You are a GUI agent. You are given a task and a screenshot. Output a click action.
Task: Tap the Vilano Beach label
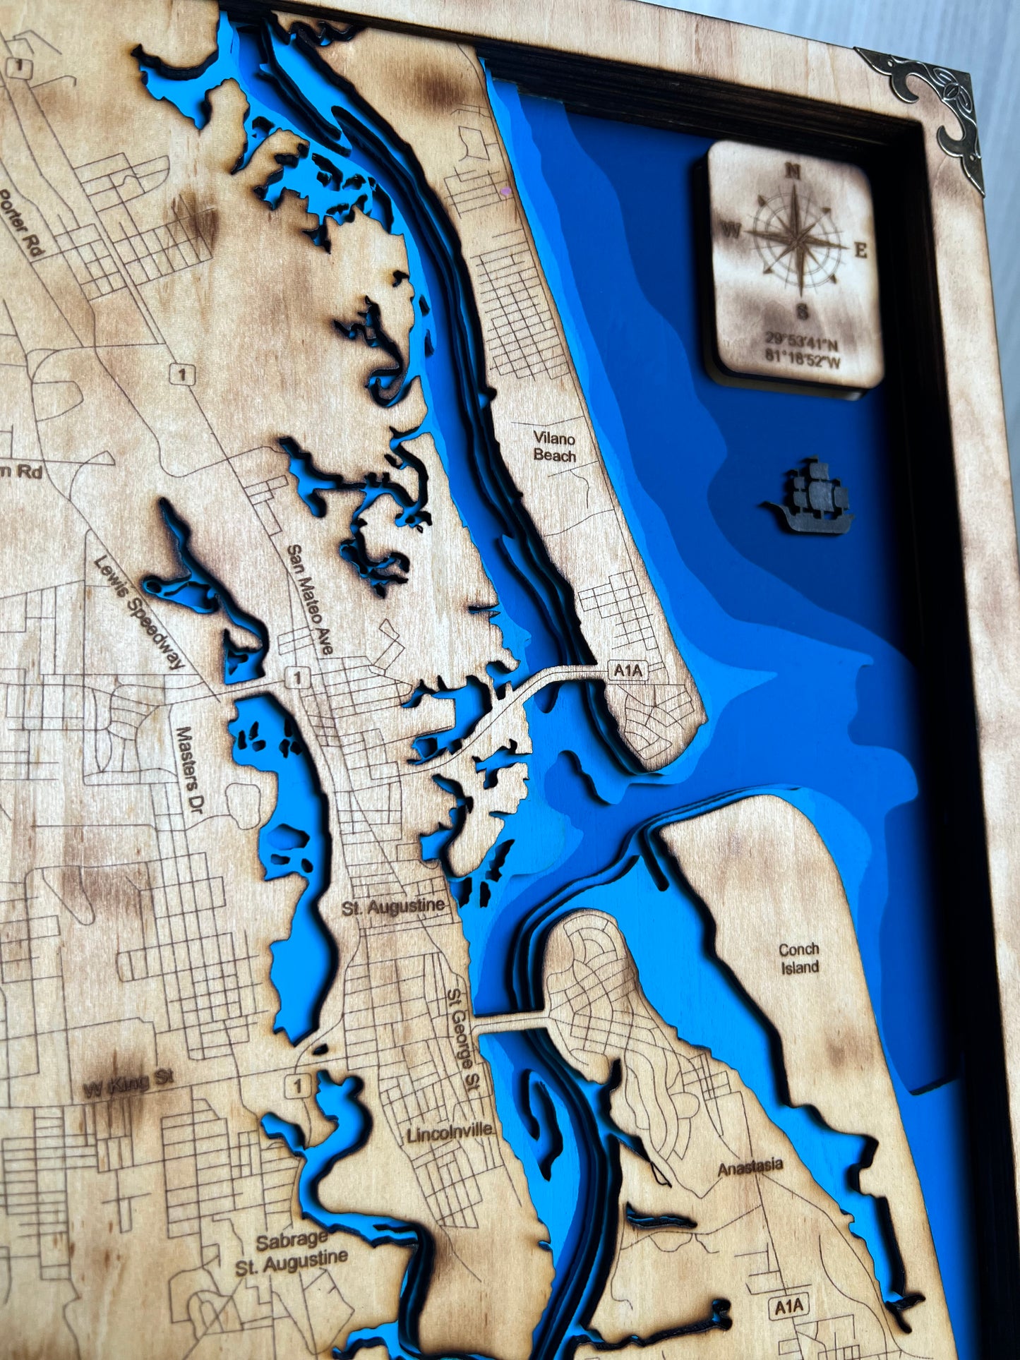[x=555, y=447]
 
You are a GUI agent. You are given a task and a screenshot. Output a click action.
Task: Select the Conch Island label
[x=799, y=958]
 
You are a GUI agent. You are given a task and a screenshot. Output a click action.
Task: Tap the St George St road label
[x=463, y=1036]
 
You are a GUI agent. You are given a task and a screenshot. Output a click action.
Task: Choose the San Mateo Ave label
[x=310, y=599]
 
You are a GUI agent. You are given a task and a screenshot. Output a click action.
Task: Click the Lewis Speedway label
[x=139, y=611]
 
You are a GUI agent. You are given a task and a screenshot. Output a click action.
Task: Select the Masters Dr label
[x=186, y=768]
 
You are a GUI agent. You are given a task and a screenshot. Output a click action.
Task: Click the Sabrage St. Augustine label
[x=292, y=1253]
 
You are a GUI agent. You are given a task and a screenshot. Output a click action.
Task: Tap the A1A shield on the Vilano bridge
[x=628, y=670]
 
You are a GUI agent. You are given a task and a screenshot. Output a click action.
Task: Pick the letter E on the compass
[x=861, y=251]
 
